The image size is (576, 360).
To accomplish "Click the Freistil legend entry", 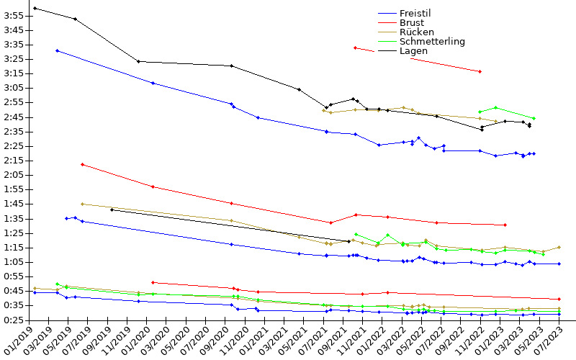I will [420, 13].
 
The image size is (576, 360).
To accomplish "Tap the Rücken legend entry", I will [415, 32].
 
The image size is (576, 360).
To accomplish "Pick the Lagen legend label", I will [413, 50].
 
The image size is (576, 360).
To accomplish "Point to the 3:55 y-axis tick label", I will [14, 15].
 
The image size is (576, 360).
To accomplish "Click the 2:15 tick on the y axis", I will [14, 175].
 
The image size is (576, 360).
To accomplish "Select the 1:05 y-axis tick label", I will [14, 262].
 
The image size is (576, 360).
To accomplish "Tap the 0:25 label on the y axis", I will [14, 320].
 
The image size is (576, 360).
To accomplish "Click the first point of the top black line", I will [35, 8].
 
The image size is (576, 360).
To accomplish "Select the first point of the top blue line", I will [57, 50].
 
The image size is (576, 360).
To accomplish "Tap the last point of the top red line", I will [480, 71].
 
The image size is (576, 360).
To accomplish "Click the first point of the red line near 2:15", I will [82, 164].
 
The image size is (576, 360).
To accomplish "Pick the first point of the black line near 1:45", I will [112, 210].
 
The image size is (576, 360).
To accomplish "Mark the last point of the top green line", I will [534, 118].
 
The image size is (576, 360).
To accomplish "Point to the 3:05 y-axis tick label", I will [14, 88].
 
